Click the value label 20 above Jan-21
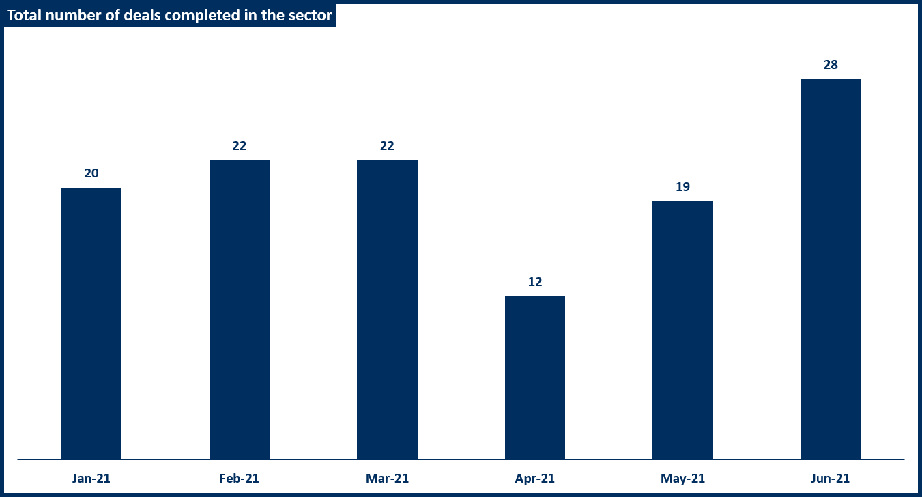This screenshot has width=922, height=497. click(91, 173)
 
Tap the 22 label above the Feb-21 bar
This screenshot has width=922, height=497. click(239, 146)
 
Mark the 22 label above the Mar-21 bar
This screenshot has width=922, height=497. click(387, 146)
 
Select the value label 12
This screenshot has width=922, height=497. click(535, 282)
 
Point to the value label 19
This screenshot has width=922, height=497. click(682, 187)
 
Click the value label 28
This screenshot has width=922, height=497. click(831, 65)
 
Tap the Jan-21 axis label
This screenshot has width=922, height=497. click(91, 479)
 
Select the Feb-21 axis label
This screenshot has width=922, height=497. click(239, 479)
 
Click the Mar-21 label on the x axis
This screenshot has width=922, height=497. click(387, 479)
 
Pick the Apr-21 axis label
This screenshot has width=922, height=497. click(535, 479)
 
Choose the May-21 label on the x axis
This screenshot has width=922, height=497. click(682, 479)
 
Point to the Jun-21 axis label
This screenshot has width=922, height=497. click(831, 479)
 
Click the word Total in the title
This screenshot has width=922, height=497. click(23, 16)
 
